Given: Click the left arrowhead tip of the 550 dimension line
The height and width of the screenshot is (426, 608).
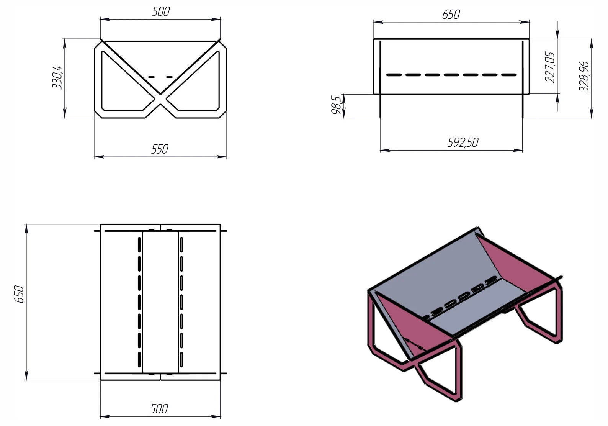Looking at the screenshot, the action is pyautogui.click(x=95, y=157).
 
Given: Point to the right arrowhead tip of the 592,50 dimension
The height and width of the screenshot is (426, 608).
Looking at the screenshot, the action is pyautogui.click(x=523, y=150).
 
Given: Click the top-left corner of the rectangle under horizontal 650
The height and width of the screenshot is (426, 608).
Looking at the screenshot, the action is pyautogui.click(x=374, y=39).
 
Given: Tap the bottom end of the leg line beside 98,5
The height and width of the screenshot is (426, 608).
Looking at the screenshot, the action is pyautogui.click(x=380, y=118).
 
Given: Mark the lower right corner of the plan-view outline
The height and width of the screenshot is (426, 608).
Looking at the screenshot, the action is pyautogui.click(x=221, y=380).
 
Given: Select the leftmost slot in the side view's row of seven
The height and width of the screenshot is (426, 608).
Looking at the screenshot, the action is pyautogui.click(x=394, y=75).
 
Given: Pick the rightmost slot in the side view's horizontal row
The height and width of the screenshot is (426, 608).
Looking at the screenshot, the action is pyautogui.click(x=509, y=75).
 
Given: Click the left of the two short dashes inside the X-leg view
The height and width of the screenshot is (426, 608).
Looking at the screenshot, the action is pyautogui.click(x=152, y=77).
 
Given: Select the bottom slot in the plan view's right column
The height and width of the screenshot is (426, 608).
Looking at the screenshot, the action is pyautogui.click(x=181, y=359).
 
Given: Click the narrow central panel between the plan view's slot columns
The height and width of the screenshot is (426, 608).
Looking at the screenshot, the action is pyautogui.click(x=160, y=302).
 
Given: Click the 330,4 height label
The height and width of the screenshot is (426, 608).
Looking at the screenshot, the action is pyautogui.click(x=57, y=78).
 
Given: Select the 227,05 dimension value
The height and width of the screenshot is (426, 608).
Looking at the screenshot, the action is pyautogui.click(x=550, y=67).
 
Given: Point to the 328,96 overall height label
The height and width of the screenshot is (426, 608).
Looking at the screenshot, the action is pyautogui.click(x=584, y=77).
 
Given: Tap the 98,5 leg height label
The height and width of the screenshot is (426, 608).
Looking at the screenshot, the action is pyautogui.click(x=336, y=105).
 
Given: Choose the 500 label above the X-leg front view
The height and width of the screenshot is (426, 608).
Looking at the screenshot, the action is pyautogui.click(x=161, y=11).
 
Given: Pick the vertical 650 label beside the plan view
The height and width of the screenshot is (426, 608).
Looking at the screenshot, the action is pyautogui.click(x=19, y=294).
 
